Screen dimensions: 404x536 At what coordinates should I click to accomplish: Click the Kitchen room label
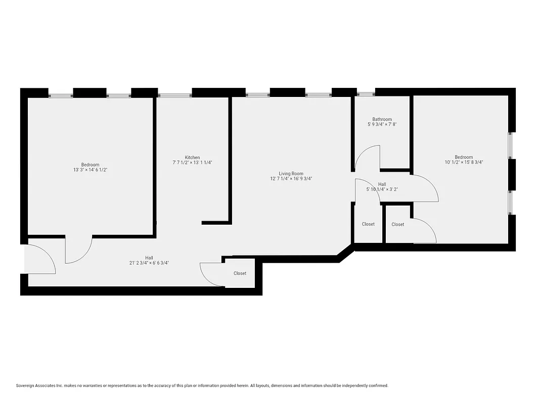click(192, 158)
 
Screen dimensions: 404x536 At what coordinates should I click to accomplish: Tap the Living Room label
click(291, 174)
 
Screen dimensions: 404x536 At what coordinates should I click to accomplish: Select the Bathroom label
click(382, 120)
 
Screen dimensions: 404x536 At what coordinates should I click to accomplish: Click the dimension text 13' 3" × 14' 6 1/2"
click(91, 170)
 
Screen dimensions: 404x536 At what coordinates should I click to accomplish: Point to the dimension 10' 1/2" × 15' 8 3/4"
click(464, 163)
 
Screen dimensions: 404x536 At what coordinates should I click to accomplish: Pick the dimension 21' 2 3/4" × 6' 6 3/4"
click(149, 263)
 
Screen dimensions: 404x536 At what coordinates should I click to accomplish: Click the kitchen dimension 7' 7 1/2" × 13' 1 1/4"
click(192, 163)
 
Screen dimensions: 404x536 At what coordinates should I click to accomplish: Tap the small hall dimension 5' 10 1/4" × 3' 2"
click(382, 190)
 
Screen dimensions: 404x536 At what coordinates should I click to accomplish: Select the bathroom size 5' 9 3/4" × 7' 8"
click(382, 124)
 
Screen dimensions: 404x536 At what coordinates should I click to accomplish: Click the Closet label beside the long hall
click(240, 273)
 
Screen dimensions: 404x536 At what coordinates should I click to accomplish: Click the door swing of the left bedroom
click(79, 250)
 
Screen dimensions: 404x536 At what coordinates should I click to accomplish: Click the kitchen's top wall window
click(174, 94)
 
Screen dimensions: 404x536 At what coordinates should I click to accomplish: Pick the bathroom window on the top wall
click(366, 93)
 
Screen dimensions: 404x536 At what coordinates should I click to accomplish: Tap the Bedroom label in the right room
click(464, 158)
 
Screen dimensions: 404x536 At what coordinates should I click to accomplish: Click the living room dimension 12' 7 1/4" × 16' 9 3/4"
click(291, 179)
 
